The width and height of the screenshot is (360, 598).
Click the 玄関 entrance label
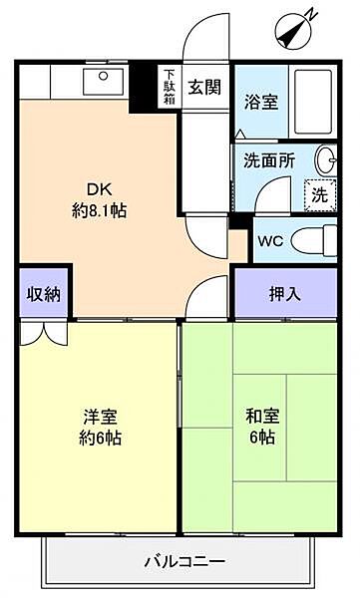[x=204, y=86]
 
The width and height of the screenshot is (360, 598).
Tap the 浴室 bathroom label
[x=261, y=101]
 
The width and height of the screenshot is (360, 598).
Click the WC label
[x=270, y=240]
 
